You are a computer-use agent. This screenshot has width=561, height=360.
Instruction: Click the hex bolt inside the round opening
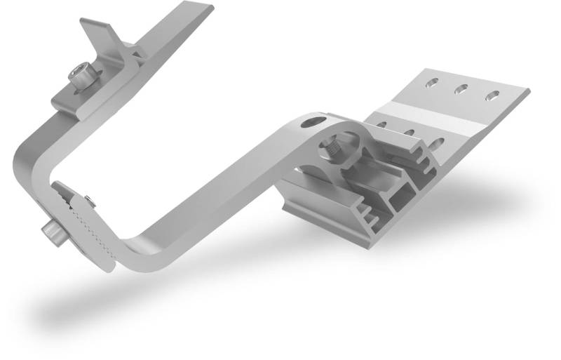[334, 148]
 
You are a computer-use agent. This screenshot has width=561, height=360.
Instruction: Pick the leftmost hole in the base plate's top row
[431, 84]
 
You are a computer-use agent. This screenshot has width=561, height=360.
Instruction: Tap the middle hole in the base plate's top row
[462, 89]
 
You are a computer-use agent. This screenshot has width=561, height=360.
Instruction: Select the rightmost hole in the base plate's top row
[494, 95]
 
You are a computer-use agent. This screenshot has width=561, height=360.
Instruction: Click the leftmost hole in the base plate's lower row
[381, 125]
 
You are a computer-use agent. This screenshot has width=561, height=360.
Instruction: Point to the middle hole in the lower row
[407, 133]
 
